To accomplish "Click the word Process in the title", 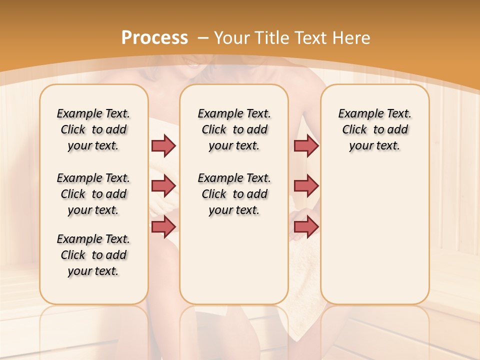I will coord(154,37).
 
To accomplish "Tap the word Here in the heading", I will coord(352,38).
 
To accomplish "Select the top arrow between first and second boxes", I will coord(163,145).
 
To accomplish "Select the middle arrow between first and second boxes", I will coord(163,186).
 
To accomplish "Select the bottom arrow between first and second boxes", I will coord(163,226).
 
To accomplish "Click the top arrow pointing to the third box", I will coord(306,145).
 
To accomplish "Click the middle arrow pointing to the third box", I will coord(306,186).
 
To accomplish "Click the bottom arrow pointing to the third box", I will coord(306,226).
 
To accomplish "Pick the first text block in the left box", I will coord(93,129).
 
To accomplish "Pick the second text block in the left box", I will coord(93,194).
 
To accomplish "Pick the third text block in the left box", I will coord(93,255).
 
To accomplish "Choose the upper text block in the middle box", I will coord(234,129).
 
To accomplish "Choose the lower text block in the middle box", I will coord(234,194).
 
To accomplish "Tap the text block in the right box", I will coord(374,129).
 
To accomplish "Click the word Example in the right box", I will coord(357,114).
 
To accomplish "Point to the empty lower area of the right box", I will coord(374,235).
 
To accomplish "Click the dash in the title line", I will coord(203,38).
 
